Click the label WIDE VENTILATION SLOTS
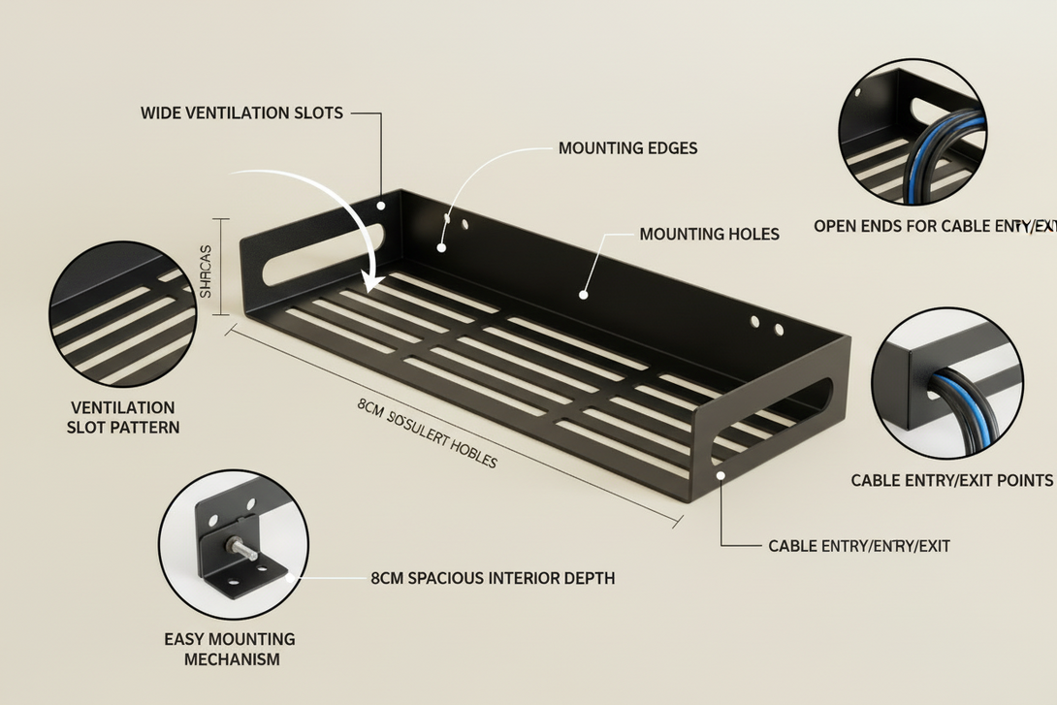tap(241, 112)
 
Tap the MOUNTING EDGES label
tap(627, 148)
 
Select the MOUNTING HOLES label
tap(709, 234)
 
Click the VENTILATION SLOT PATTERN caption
tap(123, 417)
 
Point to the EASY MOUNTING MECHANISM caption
tap(230, 649)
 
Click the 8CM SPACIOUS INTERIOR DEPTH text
tap(493, 578)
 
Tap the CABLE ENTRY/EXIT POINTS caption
tap(951, 480)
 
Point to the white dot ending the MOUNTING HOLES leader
tap(584, 294)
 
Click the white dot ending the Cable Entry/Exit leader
tap(721, 474)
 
